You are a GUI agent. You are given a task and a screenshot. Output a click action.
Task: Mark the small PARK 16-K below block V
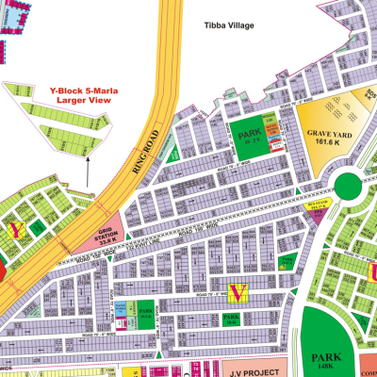pyautogui.click(x=232, y=320)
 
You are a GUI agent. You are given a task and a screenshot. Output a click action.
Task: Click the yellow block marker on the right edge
pyautogui.click(x=371, y=271)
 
